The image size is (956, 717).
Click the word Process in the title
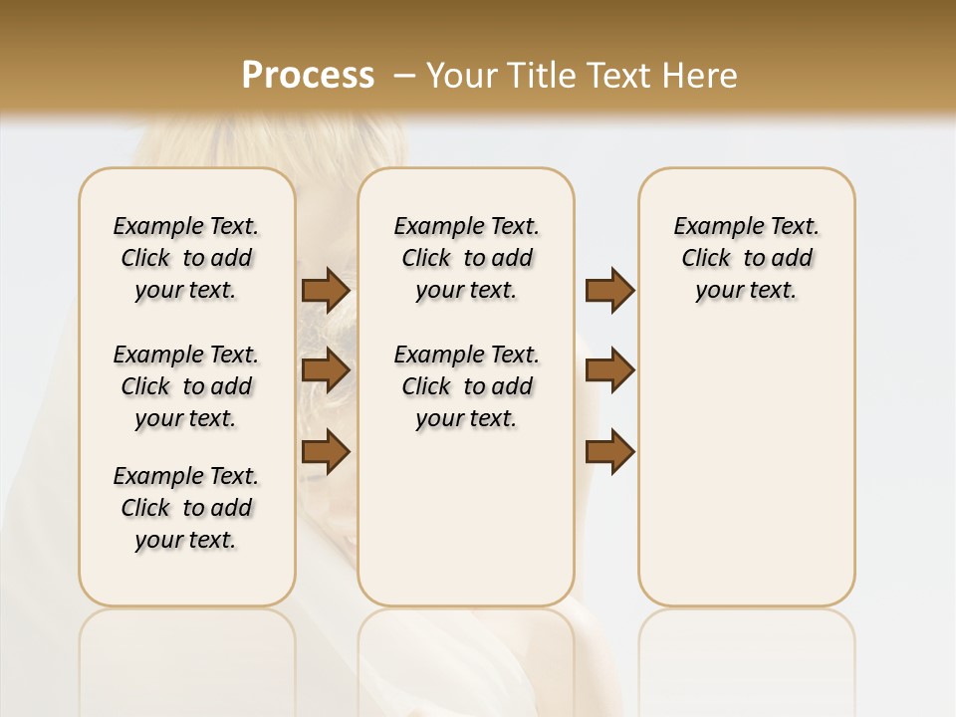tap(308, 75)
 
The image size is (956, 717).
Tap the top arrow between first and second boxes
tap(325, 290)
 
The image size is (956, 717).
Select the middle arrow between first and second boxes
tap(325, 370)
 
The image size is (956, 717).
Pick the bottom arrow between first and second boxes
tap(325, 452)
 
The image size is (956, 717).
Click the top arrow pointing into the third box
tap(609, 290)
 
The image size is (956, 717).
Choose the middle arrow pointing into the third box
tap(609, 370)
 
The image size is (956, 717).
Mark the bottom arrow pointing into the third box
tap(609, 452)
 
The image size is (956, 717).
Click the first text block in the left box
tap(186, 258)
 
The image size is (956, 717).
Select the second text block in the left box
tap(186, 386)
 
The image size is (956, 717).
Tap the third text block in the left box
tap(186, 508)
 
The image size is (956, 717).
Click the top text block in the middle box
tap(466, 258)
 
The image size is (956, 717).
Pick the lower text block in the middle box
tap(466, 386)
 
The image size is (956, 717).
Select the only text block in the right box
tap(746, 258)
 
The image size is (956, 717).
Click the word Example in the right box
tap(710, 227)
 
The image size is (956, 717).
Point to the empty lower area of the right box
tap(746, 468)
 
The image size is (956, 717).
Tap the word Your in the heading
tap(463, 75)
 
